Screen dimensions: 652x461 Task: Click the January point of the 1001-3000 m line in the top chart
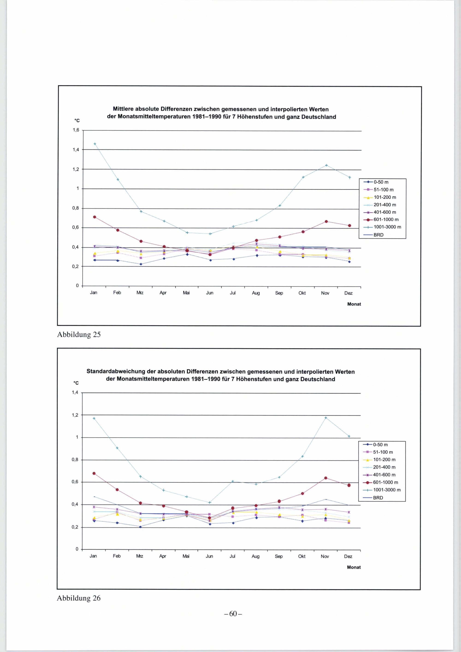(95, 144)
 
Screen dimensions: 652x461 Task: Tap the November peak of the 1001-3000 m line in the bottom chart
(326, 418)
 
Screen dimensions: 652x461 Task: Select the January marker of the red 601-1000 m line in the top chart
(95, 217)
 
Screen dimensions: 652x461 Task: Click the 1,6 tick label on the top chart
(76, 130)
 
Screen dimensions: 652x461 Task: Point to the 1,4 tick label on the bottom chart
(75, 393)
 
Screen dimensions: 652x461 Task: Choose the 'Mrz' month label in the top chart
(140, 293)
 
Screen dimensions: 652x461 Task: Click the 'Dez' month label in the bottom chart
(348, 556)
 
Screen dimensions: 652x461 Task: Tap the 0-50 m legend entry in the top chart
(381, 182)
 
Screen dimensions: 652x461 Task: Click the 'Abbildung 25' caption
(79, 335)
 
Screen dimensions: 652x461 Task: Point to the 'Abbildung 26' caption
(79, 598)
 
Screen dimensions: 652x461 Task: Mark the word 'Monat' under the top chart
(354, 304)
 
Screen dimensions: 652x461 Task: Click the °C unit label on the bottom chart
(76, 383)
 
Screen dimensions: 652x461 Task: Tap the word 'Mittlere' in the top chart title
(123, 109)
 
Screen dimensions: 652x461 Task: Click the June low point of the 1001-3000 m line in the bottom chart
(210, 503)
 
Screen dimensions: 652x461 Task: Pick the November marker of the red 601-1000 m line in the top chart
(326, 222)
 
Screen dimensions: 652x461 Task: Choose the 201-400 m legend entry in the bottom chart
(384, 467)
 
